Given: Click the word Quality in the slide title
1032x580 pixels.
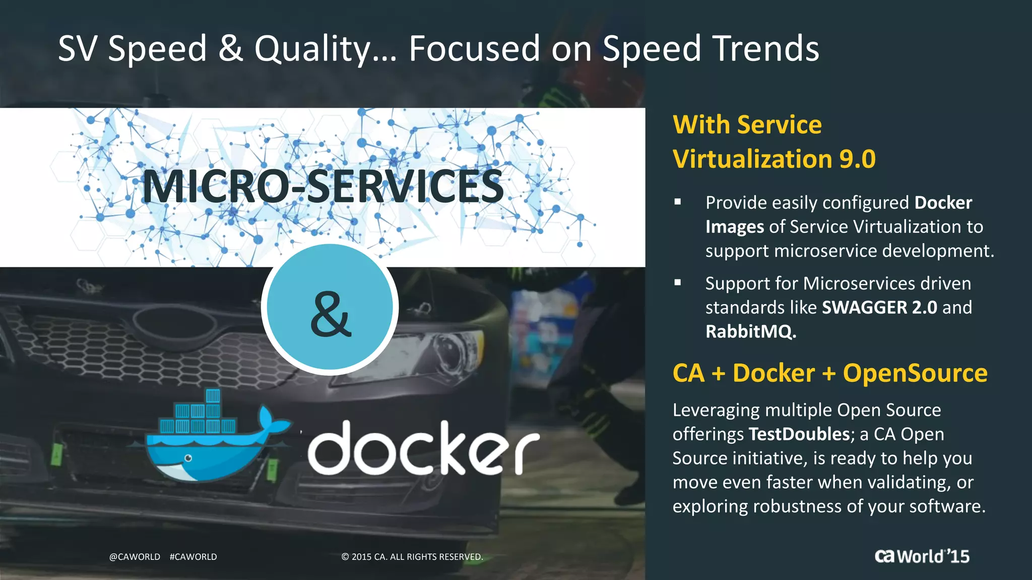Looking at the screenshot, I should pos(312,49).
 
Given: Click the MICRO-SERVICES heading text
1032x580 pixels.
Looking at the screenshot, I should pos(323,187).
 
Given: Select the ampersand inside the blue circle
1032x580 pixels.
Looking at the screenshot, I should pos(330,314).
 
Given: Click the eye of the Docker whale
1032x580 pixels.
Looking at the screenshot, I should pos(188,458).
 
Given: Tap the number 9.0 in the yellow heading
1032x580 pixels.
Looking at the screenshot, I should pos(857,159).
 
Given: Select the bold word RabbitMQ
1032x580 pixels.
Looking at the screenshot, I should pos(750,332).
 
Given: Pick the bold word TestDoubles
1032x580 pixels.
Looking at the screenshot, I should pos(799,434).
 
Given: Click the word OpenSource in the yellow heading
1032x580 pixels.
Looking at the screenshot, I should pos(915,373).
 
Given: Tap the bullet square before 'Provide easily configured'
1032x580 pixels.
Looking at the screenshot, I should pos(678,202).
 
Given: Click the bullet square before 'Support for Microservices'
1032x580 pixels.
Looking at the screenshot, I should pos(678,283).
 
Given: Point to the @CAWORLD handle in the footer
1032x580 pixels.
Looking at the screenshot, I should pos(135,557).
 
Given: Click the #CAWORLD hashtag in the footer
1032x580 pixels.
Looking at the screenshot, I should pos(193,557).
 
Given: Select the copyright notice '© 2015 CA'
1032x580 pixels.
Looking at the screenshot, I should pos(412,557).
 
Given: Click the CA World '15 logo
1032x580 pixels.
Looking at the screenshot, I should pos(922,556).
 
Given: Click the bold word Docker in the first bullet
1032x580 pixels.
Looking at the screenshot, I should pos(943,203).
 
